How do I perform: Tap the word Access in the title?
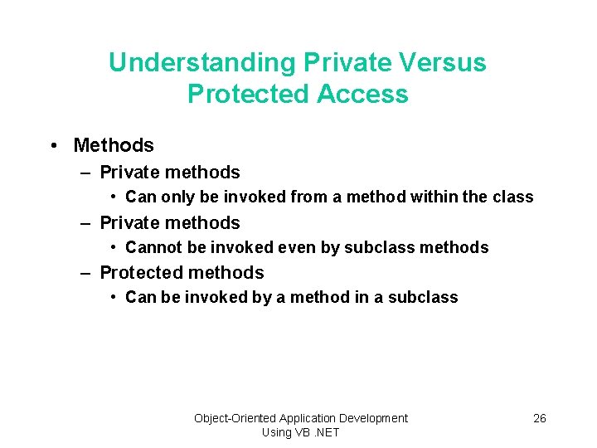pyautogui.click(x=364, y=94)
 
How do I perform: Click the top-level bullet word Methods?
pyautogui.click(x=114, y=145)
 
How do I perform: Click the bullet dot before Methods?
pyautogui.click(x=53, y=145)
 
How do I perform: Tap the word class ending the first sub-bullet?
pyautogui.click(x=513, y=197)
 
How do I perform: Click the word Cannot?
pyautogui.click(x=152, y=247)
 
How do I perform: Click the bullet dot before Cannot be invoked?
pyautogui.click(x=113, y=247)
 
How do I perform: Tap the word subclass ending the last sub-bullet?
pyautogui.click(x=428, y=297)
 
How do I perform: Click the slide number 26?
pyautogui.click(x=539, y=418)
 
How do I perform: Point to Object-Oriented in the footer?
pyautogui.click(x=235, y=418)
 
